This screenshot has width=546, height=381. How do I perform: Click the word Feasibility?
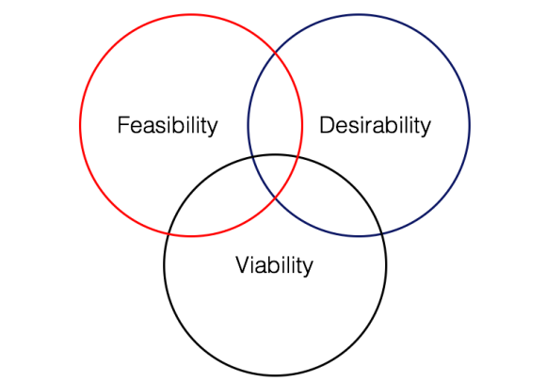pos(168,125)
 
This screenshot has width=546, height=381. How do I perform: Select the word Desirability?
pos(375,125)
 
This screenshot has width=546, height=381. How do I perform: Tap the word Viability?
pos(274,265)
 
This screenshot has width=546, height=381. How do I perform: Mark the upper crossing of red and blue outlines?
pos(275,53)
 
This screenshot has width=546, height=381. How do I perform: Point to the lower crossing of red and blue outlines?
pos(275,198)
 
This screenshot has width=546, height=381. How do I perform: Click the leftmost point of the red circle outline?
pos(80,125)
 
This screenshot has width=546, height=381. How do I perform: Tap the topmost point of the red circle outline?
pos(191,14)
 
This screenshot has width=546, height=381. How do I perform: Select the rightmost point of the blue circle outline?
pos(470,125)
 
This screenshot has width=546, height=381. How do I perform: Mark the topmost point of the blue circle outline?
pos(359,14)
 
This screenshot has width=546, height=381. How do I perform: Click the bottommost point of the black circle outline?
pos(275,376)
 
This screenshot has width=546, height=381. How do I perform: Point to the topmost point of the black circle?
pos(275,154)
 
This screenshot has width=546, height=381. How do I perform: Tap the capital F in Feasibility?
pos(122,125)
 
